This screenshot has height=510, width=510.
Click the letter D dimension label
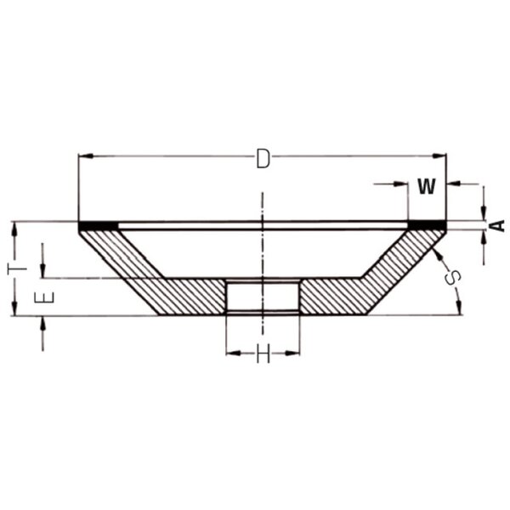(x=263, y=159)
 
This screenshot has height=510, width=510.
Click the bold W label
(x=427, y=186)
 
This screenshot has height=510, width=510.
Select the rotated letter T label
(x=17, y=269)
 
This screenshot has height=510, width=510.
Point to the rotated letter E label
(x=44, y=297)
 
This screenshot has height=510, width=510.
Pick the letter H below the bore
(x=263, y=354)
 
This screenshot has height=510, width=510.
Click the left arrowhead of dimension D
(x=86, y=156)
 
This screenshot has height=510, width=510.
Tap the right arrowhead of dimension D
(x=439, y=156)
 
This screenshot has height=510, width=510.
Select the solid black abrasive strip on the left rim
(x=99, y=225)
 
